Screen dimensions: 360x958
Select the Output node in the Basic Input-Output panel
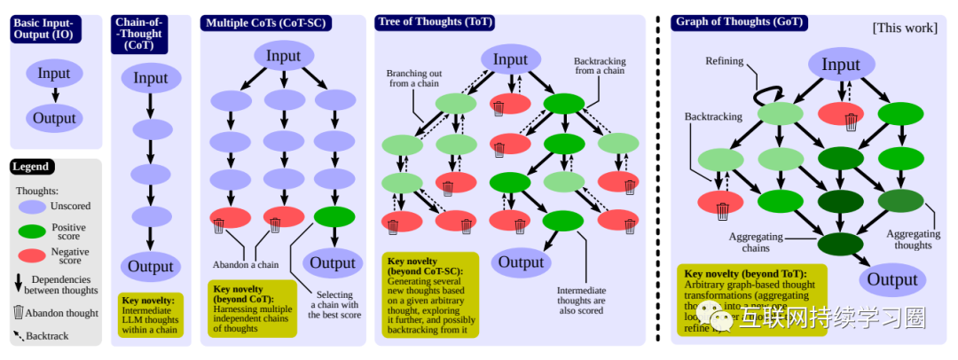55,117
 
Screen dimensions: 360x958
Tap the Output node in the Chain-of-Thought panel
151,266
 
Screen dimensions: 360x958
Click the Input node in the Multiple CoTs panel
284,57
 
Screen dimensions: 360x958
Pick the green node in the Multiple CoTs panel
334,217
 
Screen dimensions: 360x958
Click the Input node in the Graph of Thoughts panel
840,64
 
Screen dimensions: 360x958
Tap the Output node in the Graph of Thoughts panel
892,280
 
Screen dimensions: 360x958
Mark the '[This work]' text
905,27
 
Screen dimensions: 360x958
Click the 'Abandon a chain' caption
246,264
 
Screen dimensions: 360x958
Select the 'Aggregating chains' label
755,241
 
